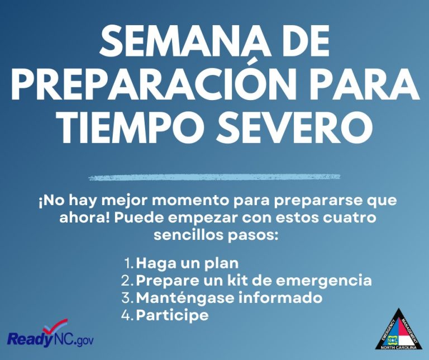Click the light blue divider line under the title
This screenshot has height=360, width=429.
click(x=214, y=178)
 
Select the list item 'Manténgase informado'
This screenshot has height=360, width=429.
click(x=229, y=297)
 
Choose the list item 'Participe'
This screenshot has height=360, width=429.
click(x=172, y=315)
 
